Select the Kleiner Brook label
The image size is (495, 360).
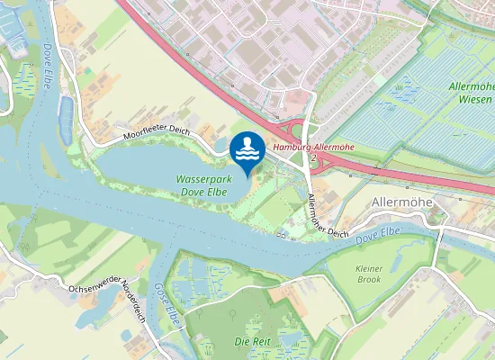(369, 274)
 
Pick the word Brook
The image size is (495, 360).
(369, 280)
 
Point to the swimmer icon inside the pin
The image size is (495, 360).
(247, 147)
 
